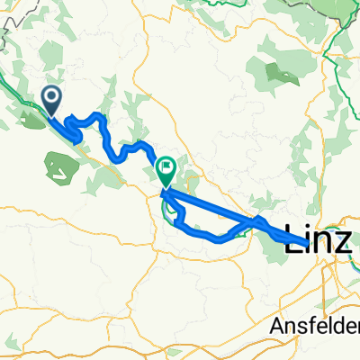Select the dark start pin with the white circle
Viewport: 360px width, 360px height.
[51, 101]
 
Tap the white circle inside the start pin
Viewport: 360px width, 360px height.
[51, 97]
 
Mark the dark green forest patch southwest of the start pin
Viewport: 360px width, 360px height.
[59, 164]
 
